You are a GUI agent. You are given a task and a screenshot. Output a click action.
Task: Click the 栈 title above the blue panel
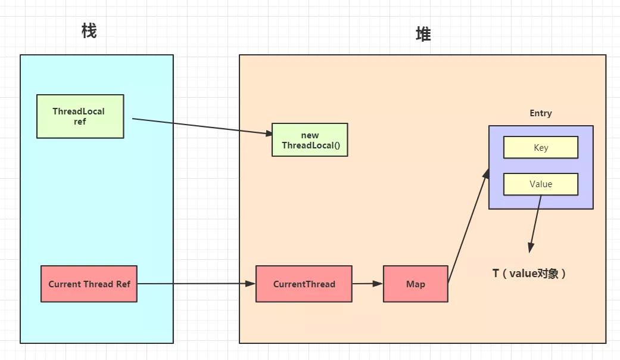[x=89, y=32]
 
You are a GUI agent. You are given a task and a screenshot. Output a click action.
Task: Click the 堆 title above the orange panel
[x=423, y=35]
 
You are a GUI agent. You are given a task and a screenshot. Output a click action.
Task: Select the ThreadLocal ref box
[x=80, y=116]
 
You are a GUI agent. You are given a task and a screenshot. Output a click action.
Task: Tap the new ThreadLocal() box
[x=309, y=140]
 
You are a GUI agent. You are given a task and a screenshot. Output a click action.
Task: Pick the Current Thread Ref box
[x=89, y=284]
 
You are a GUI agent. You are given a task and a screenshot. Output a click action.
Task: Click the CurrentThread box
[x=304, y=284]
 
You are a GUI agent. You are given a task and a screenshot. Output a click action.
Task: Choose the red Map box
[x=415, y=284]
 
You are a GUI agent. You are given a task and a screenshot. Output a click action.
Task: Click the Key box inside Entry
[x=541, y=148]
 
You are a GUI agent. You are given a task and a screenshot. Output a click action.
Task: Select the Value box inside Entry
[x=541, y=184]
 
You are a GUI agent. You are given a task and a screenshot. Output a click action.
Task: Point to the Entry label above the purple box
[x=541, y=113]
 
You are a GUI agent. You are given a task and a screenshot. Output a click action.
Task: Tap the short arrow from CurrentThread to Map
[x=367, y=284]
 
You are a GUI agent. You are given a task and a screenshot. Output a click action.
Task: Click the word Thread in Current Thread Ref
[x=98, y=284]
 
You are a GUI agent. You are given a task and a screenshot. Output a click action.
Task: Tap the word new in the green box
[x=310, y=135]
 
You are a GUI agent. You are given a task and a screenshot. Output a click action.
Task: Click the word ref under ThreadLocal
[x=79, y=122]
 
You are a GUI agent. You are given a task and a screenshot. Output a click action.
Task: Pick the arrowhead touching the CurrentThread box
[x=251, y=284]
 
